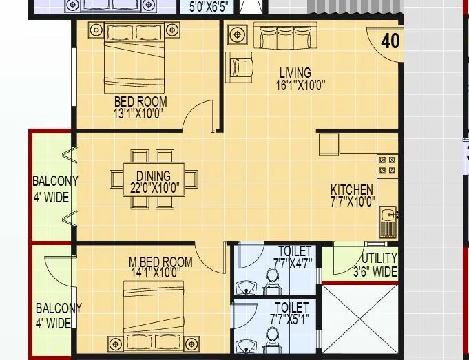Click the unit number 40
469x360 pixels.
[390, 41]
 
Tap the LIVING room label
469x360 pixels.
[295, 72]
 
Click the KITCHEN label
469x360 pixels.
[352, 190]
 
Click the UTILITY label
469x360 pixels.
[375, 259]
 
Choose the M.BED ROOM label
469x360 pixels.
[160, 262]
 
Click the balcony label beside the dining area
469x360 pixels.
[55, 187]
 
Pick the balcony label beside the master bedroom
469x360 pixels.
[58, 315]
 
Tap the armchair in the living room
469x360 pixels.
[242, 67]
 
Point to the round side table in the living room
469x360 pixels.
[238, 34]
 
